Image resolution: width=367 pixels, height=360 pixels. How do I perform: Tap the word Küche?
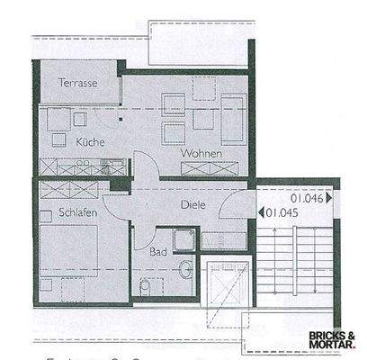tap(91, 142)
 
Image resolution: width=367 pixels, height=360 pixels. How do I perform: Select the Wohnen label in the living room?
tap(201, 154)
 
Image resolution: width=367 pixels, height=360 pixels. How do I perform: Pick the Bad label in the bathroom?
tap(158, 253)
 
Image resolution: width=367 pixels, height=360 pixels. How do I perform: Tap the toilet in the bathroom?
tap(147, 287)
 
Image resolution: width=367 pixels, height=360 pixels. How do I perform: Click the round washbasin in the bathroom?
tap(184, 267)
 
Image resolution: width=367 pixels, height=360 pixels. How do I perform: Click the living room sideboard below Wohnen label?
tap(210, 167)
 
